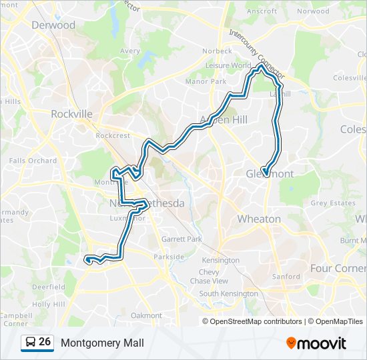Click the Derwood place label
tap(53, 25)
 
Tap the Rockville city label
tap(71, 114)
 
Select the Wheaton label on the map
tap(259, 219)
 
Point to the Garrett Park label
tap(182, 239)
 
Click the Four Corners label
tap(338, 268)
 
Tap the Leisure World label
tap(228, 66)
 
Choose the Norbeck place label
tap(219, 51)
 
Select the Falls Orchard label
tap(33, 161)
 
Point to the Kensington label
tap(220, 260)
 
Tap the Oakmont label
tap(146, 315)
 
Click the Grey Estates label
tap(332, 203)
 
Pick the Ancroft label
tap(262, 11)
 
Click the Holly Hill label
tap(49, 304)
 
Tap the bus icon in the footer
tap(31, 343)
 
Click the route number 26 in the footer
tap(45, 342)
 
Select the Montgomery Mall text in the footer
tap(102, 343)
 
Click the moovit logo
tap(316, 343)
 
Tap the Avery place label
tap(130, 51)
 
